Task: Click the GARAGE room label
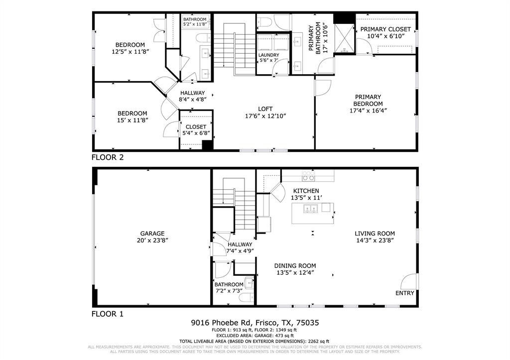[152, 234]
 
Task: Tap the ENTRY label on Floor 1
[404, 293]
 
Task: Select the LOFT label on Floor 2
[265, 109]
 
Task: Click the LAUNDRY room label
[268, 55]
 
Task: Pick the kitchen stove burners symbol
[308, 177]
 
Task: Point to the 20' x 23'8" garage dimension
[152, 240]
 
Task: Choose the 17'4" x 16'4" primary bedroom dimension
[368, 111]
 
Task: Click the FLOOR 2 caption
[107, 157]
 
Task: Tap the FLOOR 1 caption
[107, 314]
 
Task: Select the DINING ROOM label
[296, 265]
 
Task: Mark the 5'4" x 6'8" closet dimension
[196, 133]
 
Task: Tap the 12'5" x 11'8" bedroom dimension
[130, 51]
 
